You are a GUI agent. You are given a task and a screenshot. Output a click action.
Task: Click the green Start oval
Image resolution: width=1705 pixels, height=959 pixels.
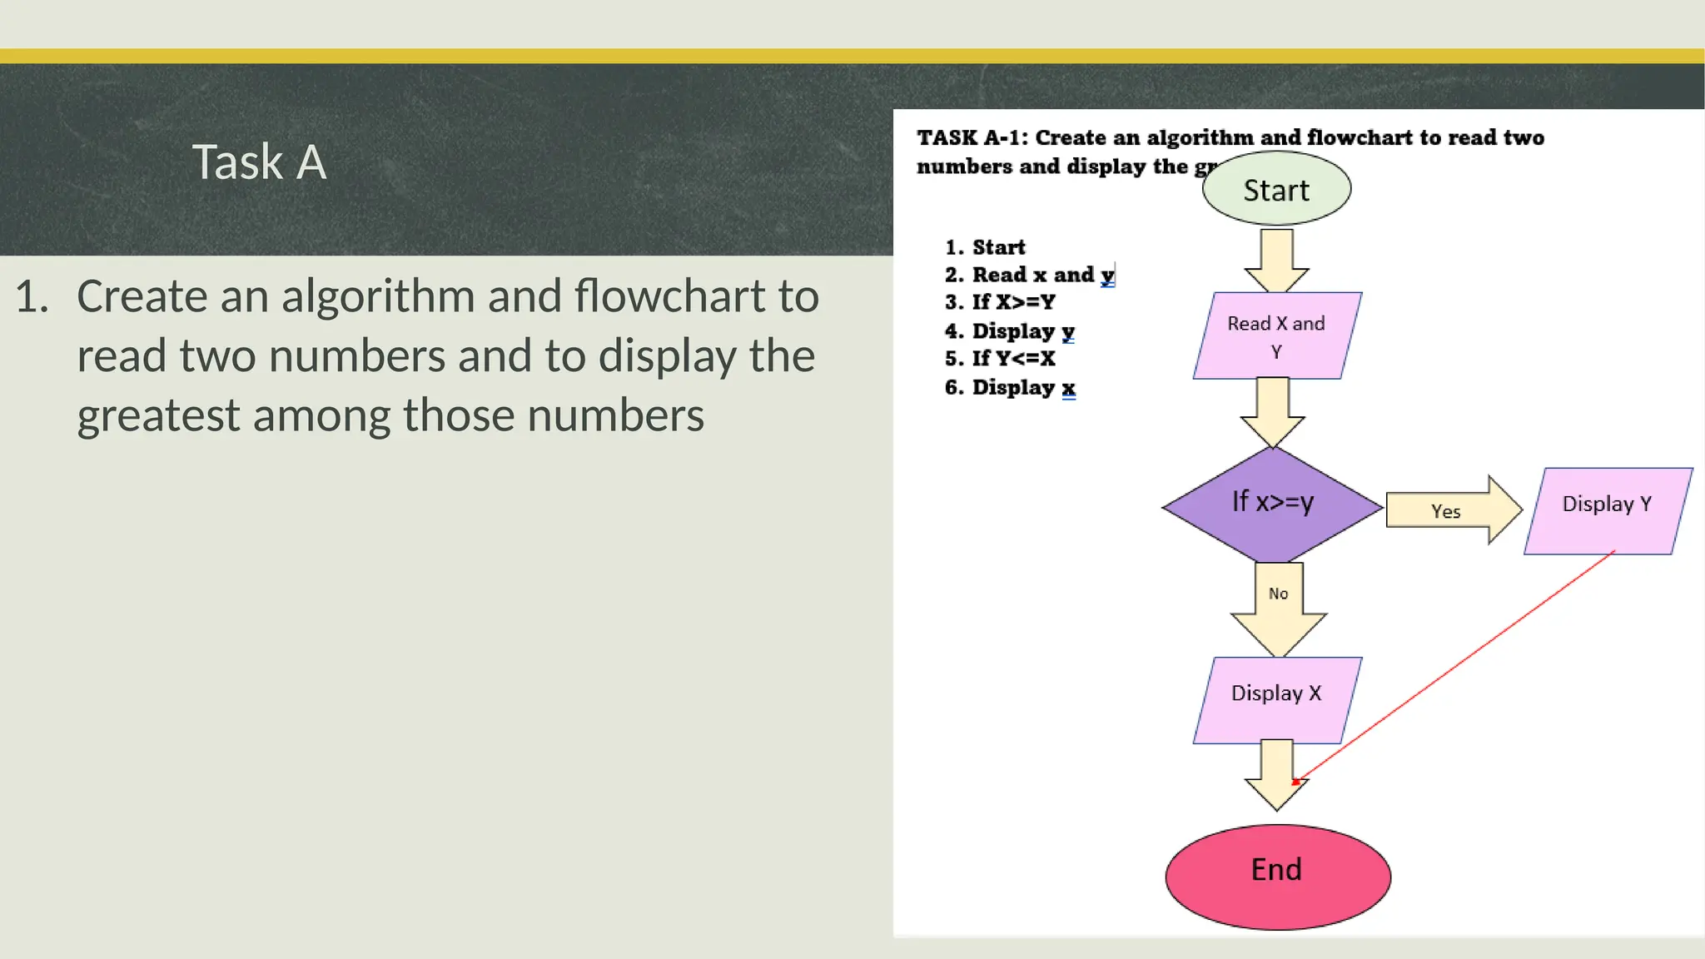(1276, 190)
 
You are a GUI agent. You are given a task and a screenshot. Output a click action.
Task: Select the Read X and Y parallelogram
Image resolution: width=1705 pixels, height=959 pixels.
(1276, 335)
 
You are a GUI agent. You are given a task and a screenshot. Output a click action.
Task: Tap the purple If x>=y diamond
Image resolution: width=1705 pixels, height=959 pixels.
(1272, 504)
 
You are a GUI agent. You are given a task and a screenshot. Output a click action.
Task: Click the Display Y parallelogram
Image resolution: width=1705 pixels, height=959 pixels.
(1607, 509)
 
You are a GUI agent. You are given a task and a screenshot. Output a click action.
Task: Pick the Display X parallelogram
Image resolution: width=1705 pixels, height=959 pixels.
(1276, 699)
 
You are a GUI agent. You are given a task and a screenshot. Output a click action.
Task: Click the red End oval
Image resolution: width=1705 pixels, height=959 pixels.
(1277, 876)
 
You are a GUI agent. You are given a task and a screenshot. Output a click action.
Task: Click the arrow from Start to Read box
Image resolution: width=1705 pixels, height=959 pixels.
(1276, 260)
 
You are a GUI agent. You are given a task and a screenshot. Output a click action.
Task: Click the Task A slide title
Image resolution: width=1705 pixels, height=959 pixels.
(259, 161)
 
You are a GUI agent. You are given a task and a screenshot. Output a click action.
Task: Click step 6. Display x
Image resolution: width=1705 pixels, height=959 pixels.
(1010, 387)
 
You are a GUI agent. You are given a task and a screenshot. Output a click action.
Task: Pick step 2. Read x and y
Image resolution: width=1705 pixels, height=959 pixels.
(1029, 275)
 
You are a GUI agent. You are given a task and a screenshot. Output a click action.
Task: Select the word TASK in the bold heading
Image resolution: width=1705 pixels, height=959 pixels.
(947, 137)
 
